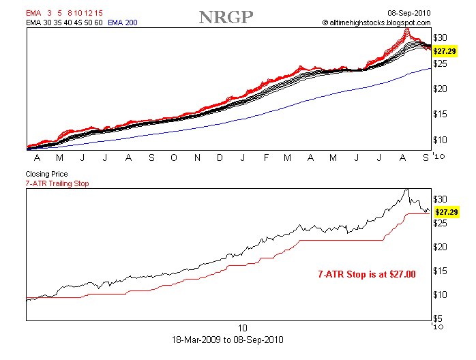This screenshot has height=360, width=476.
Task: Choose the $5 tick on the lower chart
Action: coord(441,318)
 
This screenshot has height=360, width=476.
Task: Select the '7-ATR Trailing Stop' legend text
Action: coord(57,183)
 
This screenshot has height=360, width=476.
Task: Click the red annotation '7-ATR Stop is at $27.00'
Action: coord(367,274)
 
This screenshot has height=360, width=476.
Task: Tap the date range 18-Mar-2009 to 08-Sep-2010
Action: coord(229,339)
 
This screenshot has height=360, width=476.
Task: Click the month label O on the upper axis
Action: coord(174,157)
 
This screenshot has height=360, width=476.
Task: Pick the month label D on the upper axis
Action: coord(220,157)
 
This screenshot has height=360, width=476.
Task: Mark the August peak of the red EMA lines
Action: coord(407,29)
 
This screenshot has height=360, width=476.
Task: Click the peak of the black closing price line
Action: coord(407,190)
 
